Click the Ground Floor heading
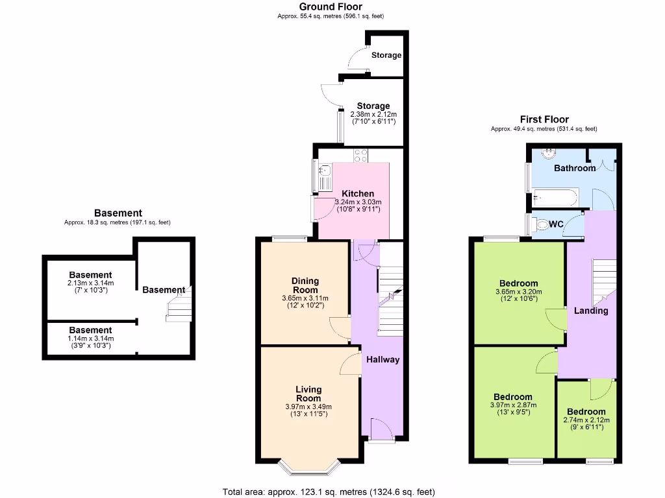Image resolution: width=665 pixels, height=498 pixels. [x=331, y=6]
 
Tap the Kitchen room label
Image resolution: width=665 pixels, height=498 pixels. [x=358, y=193]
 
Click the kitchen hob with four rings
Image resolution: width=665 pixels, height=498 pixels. [x=361, y=155]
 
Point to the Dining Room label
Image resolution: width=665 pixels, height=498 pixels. [x=305, y=285]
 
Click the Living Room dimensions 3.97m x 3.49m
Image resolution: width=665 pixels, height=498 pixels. [x=308, y=407]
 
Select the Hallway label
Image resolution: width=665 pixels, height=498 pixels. [x=383, y=360]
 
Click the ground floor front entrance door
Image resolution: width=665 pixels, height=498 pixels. [x=381, y=429]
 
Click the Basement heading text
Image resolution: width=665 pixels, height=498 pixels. [x=118, y=213]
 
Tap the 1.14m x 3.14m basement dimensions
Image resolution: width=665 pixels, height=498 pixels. [x=91, y=338]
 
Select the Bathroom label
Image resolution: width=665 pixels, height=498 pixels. [x=575, y=168]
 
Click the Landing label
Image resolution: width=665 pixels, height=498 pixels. [x=591, y=311]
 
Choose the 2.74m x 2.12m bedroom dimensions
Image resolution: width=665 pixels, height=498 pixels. [x=586, y=420]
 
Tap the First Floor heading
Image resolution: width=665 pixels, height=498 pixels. [x=544, y=119]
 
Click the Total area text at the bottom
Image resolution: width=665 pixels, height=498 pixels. [x=328, y=492]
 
